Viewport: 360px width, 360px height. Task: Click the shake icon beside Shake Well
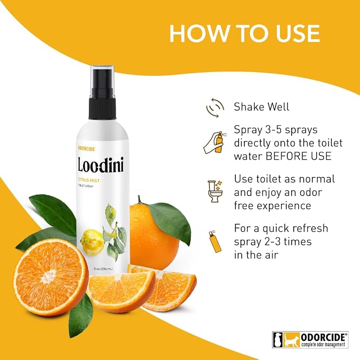[215, 108]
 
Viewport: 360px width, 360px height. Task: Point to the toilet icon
[215, 191]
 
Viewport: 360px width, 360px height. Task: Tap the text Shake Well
[261, 107]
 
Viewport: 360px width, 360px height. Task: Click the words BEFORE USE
[298, 156]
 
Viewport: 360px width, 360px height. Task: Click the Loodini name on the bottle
[101, 164]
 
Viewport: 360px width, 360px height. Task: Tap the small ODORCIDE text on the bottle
[85, 149]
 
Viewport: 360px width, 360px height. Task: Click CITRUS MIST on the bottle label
[89, 181]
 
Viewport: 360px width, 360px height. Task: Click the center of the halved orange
[50, 275]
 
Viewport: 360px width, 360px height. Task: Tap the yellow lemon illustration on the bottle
[91, 242]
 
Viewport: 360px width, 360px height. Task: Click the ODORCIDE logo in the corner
[310, 339]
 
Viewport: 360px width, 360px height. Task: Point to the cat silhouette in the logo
[291, 340]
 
